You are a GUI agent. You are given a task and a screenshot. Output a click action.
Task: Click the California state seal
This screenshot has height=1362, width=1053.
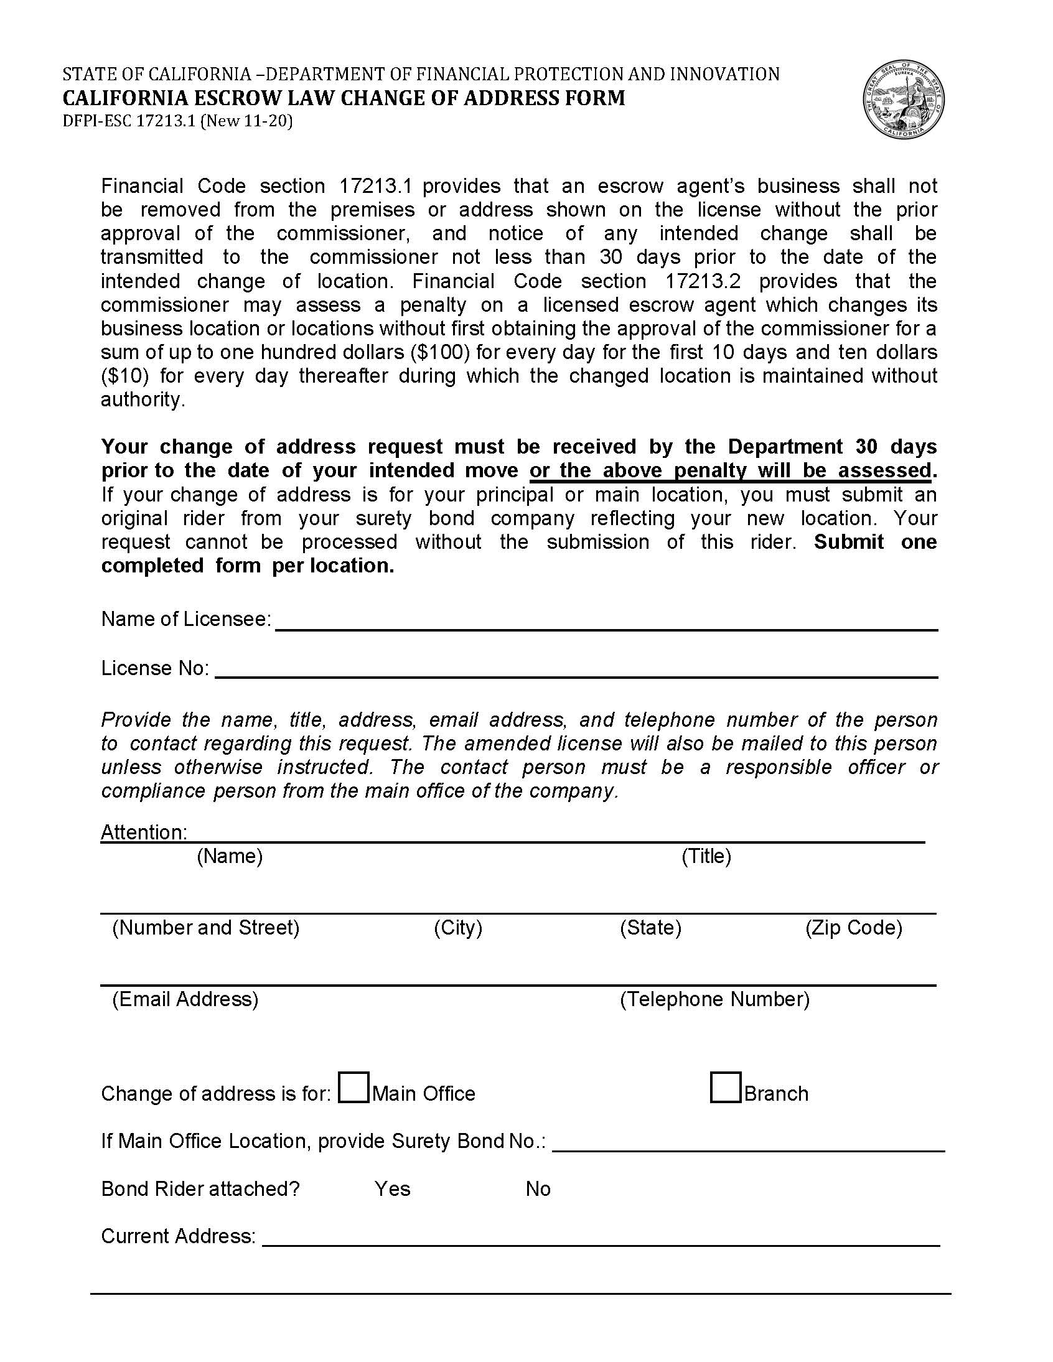[x=903, y=100]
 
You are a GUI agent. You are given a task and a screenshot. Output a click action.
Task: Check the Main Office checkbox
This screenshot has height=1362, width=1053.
[x=353, y=1087]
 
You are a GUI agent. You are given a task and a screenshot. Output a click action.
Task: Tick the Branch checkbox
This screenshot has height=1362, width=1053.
[x=726, y=1087]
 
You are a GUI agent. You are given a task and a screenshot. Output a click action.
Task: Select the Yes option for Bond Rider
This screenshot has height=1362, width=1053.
[x=392, y=1188]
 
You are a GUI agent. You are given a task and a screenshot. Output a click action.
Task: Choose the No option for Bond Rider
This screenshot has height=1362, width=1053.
[x=538, y=1188]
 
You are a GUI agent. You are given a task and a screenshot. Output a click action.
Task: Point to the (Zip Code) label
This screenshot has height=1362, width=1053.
[x=853, y=928]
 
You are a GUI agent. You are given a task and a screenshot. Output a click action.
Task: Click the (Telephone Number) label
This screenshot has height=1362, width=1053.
[x=714, y=1000]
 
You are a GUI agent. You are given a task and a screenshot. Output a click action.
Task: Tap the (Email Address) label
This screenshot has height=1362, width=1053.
[x=185, y=1000]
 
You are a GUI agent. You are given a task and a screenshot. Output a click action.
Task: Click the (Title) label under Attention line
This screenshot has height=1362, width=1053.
[x=706, y=856]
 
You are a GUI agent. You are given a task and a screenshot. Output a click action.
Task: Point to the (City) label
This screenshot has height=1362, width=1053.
[x=458, y=928]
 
